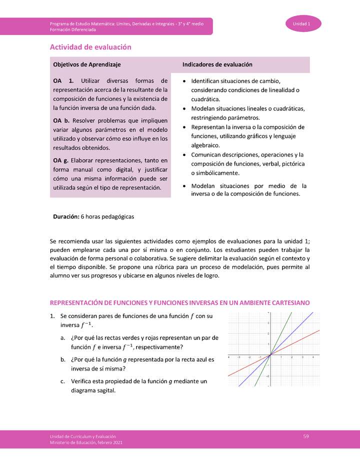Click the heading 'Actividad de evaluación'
tap(90, 47)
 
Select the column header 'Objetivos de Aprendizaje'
tap(86, 65)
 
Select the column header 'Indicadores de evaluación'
tap(217, 65)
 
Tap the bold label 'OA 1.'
tap(63, 80)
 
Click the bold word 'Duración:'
tap(66, 217)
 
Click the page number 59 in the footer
tap(306, 436)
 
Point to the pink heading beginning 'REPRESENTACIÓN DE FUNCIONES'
tap(179, 303)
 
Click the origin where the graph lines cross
tap(270, 354)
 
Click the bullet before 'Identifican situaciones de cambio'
tap(185, 81)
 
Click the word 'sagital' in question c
tap(106, 390)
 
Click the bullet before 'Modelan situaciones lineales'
tap(185, 108)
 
